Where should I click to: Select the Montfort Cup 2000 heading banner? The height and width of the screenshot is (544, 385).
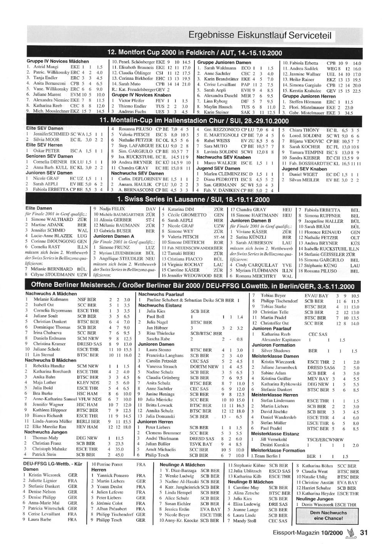coord(194,53)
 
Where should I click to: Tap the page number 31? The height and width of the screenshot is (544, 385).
coord(364,533)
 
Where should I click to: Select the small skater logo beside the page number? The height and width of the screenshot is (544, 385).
coord(351,533)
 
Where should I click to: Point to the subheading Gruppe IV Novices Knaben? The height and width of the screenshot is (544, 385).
coord(141,95)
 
